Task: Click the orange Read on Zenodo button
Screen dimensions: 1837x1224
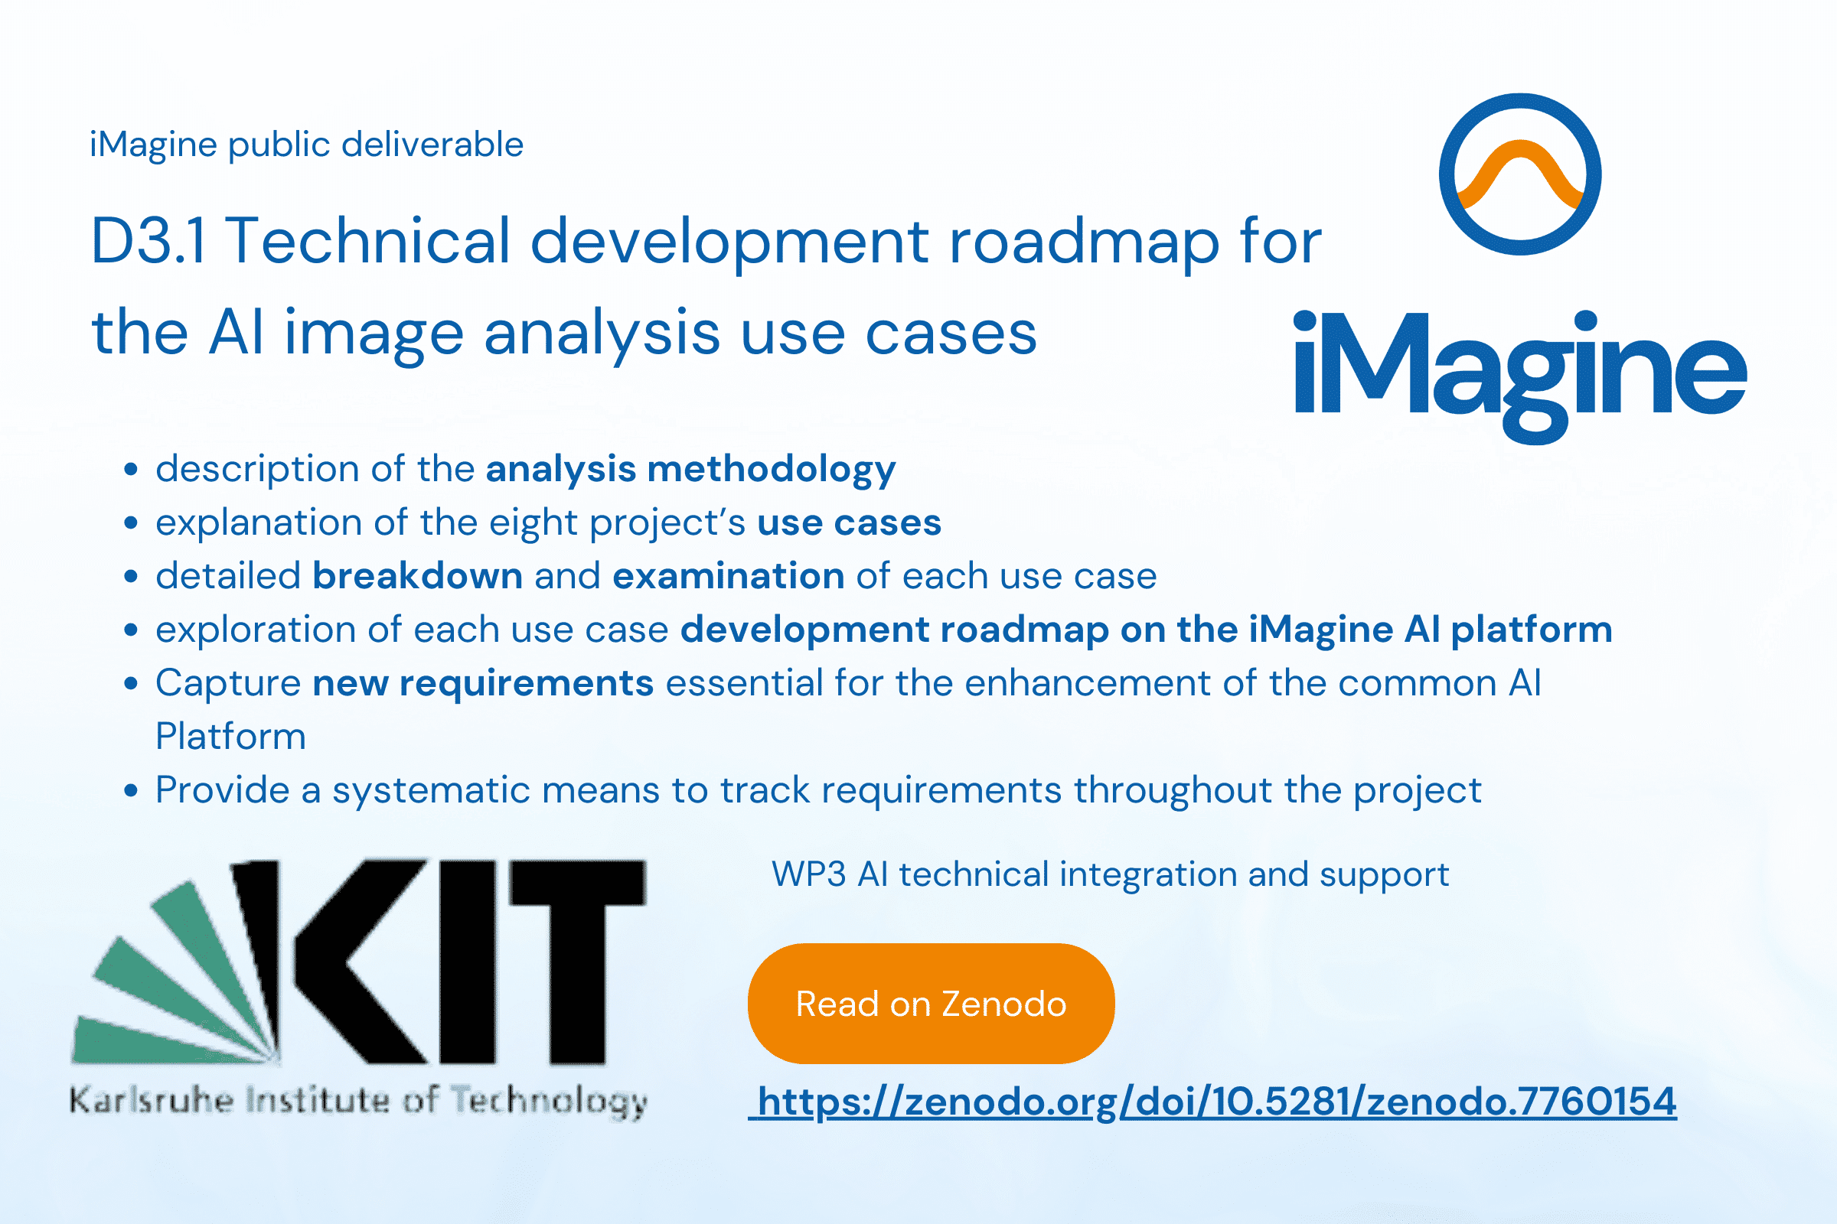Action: (x=931, y=1004)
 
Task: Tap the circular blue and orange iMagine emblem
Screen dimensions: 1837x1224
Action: (x=1520, y=174)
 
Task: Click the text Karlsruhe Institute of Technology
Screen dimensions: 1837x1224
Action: (x=358, y=1102)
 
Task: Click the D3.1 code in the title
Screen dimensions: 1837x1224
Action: (x=148, y=240)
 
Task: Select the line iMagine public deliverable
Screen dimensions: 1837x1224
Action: (x=306, y=145)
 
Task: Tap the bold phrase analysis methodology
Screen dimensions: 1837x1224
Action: (x=690, y=470)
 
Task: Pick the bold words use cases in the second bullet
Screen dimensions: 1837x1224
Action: (x=849, y=523)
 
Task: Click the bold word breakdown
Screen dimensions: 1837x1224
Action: (x=417, y=576)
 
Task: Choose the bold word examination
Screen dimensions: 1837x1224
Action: (x=728, y=576)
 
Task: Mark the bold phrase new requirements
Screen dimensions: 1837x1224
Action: (x=483, y=684)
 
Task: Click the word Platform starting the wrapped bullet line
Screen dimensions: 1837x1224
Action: (x=230, y=737)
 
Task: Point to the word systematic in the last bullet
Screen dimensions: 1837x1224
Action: (x=430, y=790)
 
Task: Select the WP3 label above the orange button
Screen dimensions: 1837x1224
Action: (x=808, y=874)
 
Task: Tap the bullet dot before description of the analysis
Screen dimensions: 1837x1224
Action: (x=131, y=470)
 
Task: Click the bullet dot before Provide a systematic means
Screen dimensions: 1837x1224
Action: (x=131, y=791)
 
